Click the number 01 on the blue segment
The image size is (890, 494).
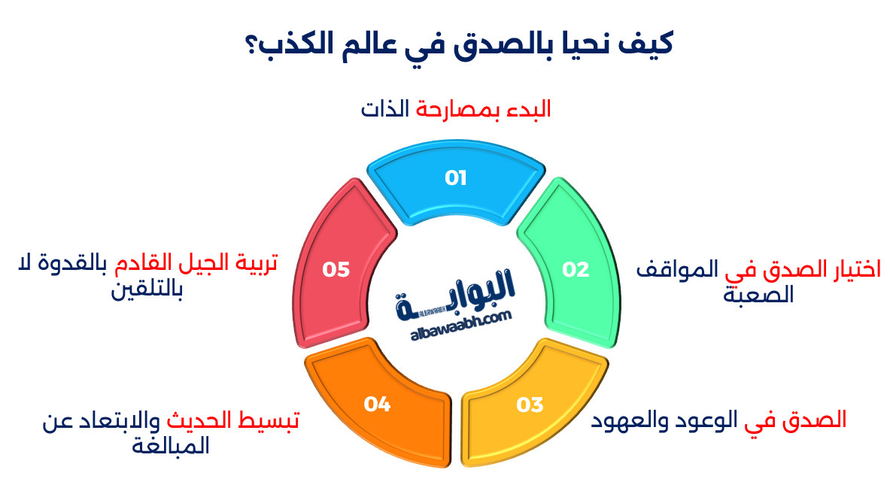[x=456, y=178]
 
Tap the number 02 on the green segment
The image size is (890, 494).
[x=576, y=269]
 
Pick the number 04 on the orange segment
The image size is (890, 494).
[x=377, y=405]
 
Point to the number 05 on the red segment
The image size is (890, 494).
[x=336, y=269]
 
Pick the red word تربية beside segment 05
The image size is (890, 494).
[x=253, y=264]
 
